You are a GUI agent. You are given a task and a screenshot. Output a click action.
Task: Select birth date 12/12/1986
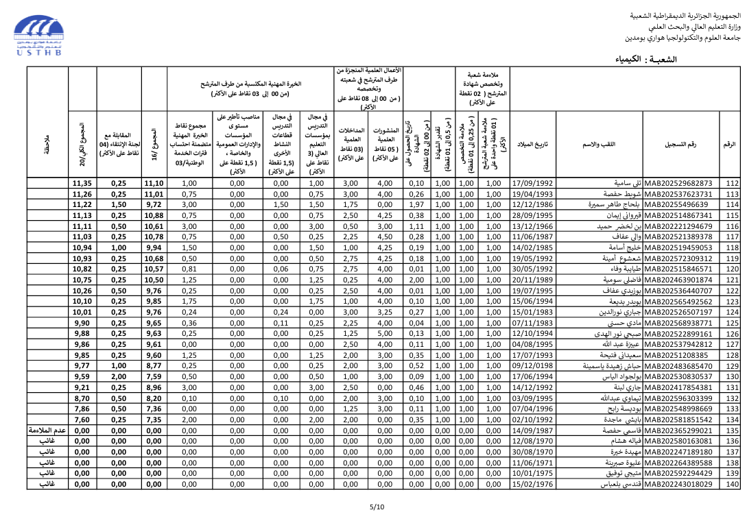532,204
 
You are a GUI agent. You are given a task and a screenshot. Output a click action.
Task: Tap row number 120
732,269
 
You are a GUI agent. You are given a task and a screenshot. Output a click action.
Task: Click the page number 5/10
377,507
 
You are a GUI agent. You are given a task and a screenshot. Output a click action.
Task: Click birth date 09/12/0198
532,365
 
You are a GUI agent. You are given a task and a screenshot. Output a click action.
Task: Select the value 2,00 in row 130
119,376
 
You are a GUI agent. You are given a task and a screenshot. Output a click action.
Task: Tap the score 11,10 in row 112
154,183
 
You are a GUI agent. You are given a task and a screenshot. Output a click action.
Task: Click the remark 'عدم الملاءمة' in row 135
47,431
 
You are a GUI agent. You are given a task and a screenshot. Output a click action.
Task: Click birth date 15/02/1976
532,484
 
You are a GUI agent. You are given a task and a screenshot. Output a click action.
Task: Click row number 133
732,409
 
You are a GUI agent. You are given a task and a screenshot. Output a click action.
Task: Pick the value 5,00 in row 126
385,333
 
